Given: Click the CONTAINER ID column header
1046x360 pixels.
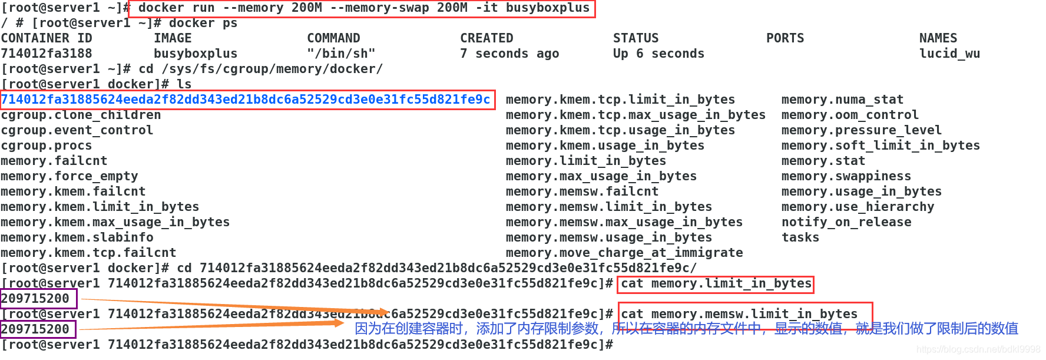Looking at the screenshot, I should tap(47, 38).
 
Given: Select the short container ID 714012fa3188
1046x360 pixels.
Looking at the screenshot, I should tap(47, 54).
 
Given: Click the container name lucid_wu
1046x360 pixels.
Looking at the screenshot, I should tap(949, 54).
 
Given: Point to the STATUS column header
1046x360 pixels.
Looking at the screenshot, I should tap(635, 38).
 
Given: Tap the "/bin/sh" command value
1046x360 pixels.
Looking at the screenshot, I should tap(341, 54).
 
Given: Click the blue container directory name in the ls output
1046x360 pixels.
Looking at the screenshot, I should tap(246, 100).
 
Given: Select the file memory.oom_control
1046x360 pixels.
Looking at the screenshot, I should tap(850, 115).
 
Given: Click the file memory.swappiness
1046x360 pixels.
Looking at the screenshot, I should tap(846, 176).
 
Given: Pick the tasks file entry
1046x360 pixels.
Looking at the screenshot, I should tap(800, 237).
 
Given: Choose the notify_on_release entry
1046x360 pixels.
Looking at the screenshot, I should tap(846, 222).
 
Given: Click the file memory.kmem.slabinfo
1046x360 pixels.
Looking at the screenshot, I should tap(77, 237).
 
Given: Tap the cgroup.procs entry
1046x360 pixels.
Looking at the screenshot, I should tap(47, 146).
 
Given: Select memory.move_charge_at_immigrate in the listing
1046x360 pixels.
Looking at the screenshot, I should tap(624, 253).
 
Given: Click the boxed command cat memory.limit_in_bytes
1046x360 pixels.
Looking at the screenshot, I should tap(716, 284).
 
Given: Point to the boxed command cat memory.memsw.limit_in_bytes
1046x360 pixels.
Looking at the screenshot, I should tap(739, 314).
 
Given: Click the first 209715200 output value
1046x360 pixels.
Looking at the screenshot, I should tap(35, 299).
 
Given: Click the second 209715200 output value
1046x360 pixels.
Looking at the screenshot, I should tap(35, 329).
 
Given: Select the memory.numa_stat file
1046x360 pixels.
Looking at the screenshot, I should tap(842, 100).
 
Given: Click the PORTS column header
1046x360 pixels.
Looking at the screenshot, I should tap(784, 38).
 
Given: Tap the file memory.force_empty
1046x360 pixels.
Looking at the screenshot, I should tap(69, 176).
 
